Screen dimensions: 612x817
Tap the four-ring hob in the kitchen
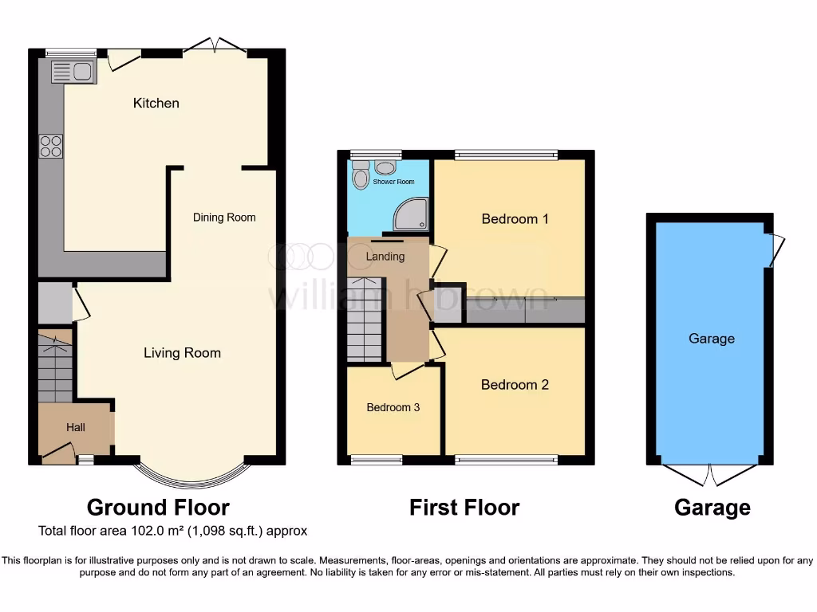pyautogui.click(x=51, y=146)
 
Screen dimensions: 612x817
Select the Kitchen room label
pyautogui.click(x=156, y=103)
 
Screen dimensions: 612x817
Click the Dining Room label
pyautogui.click(x=224, y=217)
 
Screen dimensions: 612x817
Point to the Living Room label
pyautogui.click(x=182, y=353)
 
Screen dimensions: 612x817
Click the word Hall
pyautogui.click(x=76, y=428)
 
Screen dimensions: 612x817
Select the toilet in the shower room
pyautogui.click(x=361, y=175)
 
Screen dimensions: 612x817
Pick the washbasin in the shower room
pyautogui.click(x=387, y=167)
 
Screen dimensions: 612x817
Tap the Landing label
pyautogui.click(x=385, y=257)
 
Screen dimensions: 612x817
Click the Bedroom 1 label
pyautogui.click(x=515, y=218)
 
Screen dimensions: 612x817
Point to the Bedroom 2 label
pyautogui.click(x=515, y=385)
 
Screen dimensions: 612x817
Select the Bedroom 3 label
pyautogui.click(x=393, y=407)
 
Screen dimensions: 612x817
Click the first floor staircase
pyautogui.click(x=365, y=319)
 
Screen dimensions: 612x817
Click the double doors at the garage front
pyautogui.click(x=709, y=473)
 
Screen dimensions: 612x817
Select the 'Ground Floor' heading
pyautogui.click(x=158, y=508)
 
